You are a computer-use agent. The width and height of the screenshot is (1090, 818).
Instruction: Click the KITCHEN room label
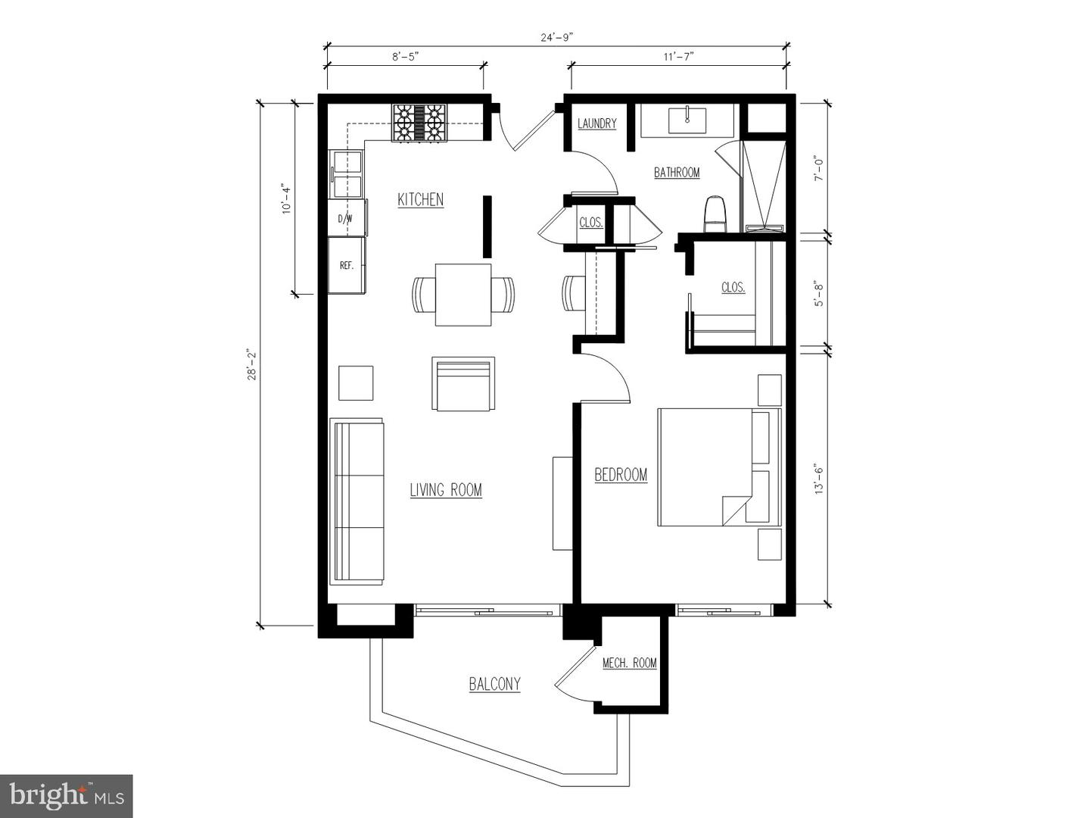pos(421,200)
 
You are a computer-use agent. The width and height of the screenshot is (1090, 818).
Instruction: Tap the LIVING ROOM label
pos(446,490)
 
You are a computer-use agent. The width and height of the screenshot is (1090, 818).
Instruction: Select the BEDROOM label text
pos(621,475)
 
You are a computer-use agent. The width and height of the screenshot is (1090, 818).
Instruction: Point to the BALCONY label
pos(494,685)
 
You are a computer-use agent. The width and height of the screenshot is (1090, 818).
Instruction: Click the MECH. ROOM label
pos(629,663)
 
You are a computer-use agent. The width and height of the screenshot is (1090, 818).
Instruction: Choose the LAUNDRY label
pos(597,123)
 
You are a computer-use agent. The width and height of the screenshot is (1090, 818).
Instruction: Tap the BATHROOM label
pos(677,173)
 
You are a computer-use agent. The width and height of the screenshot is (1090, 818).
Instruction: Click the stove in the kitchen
pos(419,123)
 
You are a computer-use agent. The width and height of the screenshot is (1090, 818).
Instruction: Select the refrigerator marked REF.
pos(347,265)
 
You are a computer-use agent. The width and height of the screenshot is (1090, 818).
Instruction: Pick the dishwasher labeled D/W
pos(347,218)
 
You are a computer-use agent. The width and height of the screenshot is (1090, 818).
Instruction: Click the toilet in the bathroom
pos(715,214)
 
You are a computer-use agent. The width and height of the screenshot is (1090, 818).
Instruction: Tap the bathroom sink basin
pos(687,120)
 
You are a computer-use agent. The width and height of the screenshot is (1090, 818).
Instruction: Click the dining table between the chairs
pos(463,295)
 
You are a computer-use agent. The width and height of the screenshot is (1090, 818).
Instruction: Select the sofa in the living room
pos(357,502)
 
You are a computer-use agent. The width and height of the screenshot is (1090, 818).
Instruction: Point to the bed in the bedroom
pos(720,467)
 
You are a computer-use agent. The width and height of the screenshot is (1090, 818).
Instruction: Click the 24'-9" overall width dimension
pos(556,37)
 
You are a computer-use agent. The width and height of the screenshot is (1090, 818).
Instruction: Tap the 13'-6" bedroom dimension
pos(818,479)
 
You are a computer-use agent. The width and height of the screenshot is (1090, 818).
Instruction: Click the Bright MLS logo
pos(66,796)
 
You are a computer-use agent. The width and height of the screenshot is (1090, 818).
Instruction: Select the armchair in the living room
pos(463,383)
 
